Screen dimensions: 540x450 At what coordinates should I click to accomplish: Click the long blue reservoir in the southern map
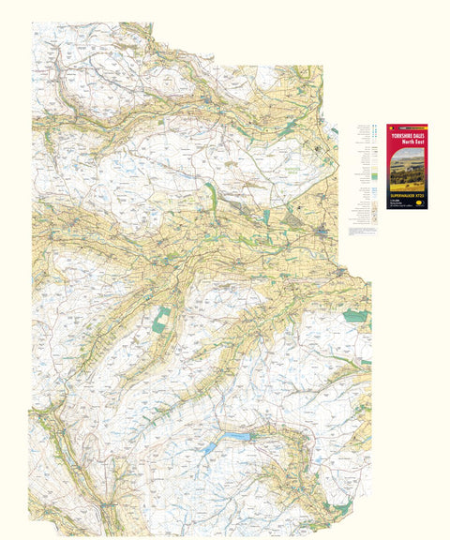pos(236,436)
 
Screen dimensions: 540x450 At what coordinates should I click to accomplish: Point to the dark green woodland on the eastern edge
pos(355,317)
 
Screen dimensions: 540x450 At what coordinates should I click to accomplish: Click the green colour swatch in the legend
pos(372,175)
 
